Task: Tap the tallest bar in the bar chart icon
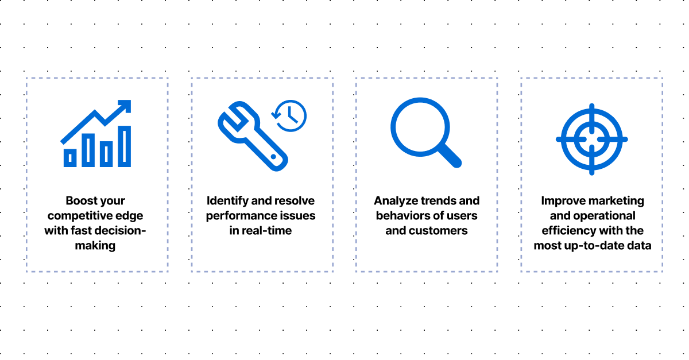click(x=124, y=146)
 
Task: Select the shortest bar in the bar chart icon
click(x=70, y=158)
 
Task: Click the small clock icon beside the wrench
click(x=289, y=115)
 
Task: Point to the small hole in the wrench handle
click(x=273, y=157)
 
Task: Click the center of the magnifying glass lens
click(x=420, y=127)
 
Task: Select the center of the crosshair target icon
click(x=592, y=140)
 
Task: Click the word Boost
click(x=77, y=200)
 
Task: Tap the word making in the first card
click(x=95, y=246)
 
